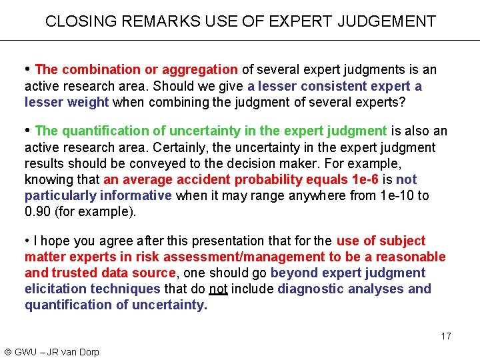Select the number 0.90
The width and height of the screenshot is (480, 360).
[37, 211]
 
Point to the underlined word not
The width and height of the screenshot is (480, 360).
[218, 289]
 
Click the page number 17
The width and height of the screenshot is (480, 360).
[445, 336]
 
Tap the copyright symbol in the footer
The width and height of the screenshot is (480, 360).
[7, 352]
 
